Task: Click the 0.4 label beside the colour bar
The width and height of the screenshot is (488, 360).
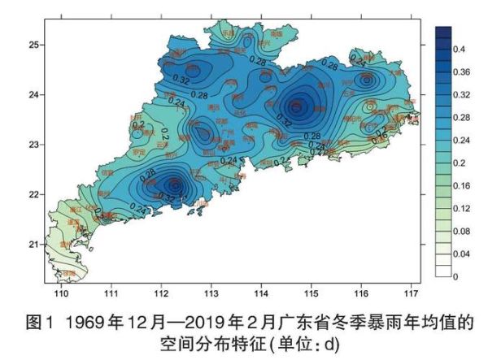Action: (x=460, y=50)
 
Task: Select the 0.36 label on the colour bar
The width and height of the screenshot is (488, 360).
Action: (x=461, y=72)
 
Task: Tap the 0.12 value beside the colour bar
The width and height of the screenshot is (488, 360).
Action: (x=461, y=209)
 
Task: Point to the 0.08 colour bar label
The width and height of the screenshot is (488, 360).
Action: (x=461, y=232)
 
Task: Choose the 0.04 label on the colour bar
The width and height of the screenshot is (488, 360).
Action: (x=461, y=254)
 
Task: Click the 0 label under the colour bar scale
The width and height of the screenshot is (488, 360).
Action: (x=455, y=277)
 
